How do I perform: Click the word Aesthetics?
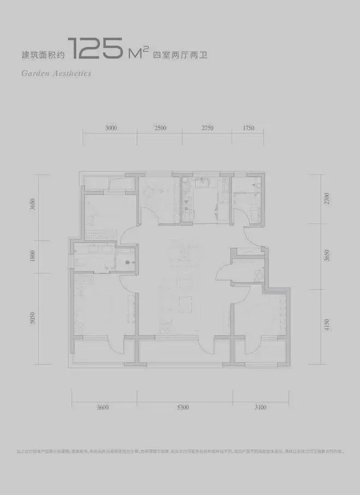click(71, 73)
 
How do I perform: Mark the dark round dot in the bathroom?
click(127, 262)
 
